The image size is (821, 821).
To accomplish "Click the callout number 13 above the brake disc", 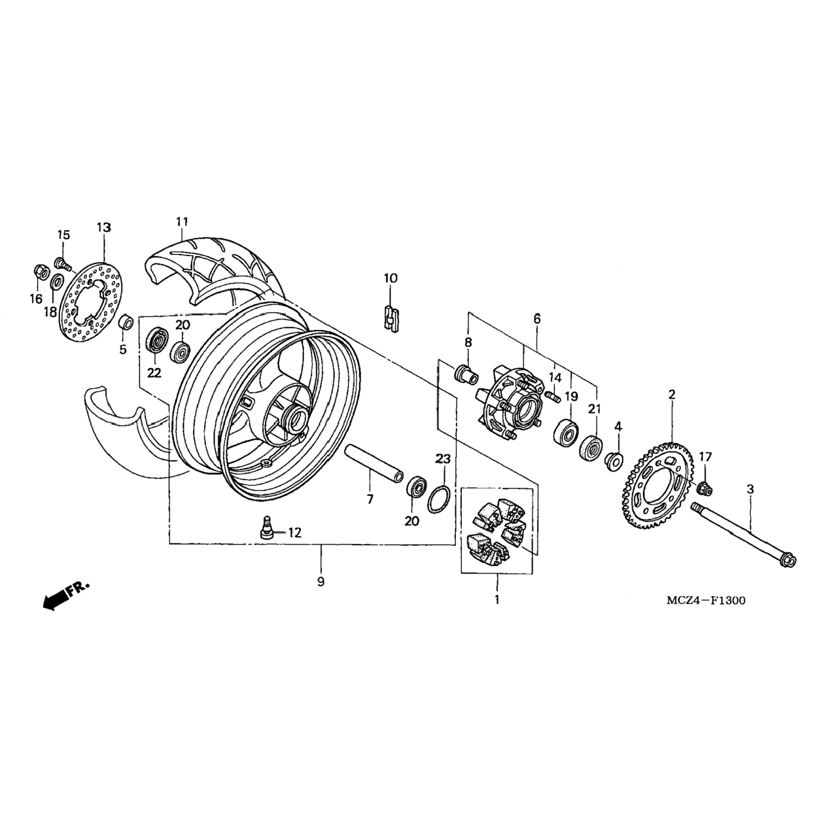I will pos(104,227).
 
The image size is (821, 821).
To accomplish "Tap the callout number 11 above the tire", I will pos(182,222).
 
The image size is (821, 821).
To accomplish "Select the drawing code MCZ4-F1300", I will pos(706,600).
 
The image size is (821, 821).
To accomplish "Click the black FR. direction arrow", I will pos(54,600).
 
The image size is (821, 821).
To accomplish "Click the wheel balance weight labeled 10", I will pos(391,318).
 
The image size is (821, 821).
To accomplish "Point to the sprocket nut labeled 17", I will pos(706,487).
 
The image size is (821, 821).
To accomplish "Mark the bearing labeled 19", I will pos(566,430).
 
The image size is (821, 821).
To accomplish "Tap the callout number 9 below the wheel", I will pos(321,582).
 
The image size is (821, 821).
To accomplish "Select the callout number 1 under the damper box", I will pos(497,599).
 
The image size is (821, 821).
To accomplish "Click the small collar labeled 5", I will pos(126,322).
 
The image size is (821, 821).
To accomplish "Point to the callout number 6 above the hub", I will pos(537,318).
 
